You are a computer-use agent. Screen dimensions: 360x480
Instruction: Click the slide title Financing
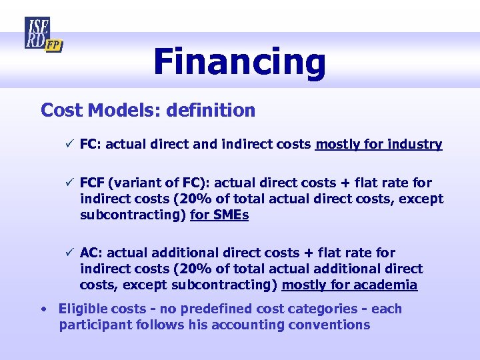coord(239,61)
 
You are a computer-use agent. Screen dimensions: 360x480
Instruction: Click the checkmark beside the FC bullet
coord(67,144)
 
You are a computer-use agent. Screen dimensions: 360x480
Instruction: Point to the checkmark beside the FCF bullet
coord(67,183)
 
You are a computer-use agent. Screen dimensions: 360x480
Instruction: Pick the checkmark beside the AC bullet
coord(67,253)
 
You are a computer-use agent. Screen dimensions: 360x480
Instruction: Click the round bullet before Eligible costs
coord(43,309)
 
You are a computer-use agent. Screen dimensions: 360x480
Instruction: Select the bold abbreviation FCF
coord(93,183)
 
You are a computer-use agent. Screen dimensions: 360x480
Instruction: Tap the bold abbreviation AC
coord(90,253)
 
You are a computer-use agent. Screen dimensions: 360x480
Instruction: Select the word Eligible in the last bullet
coord(83,309)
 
